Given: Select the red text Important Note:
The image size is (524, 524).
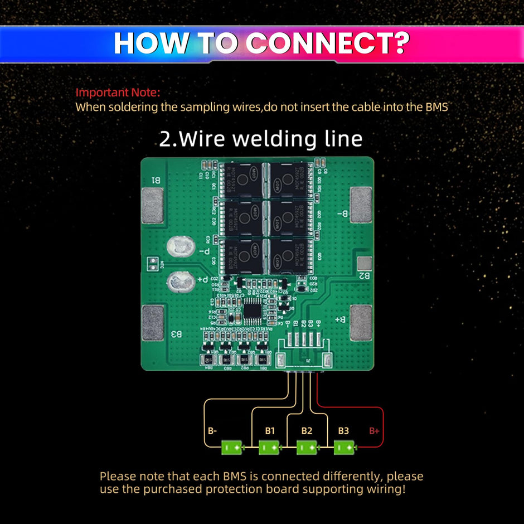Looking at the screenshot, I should pyautogui.click(x=118, y=93).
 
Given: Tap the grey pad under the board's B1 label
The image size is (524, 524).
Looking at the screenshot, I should pyautogui.click(x=152, y=206).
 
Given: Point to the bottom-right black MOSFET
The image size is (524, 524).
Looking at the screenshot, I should pyautogui.click(x=290, y=255).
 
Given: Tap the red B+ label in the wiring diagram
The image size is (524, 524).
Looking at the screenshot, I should pyautogui.click(x=373, y=431).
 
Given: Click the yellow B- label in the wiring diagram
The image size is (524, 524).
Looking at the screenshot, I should pyautogui.click(x=212, y=431).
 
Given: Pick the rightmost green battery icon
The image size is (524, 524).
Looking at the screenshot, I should pyautogui.click(x=343, y=447).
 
